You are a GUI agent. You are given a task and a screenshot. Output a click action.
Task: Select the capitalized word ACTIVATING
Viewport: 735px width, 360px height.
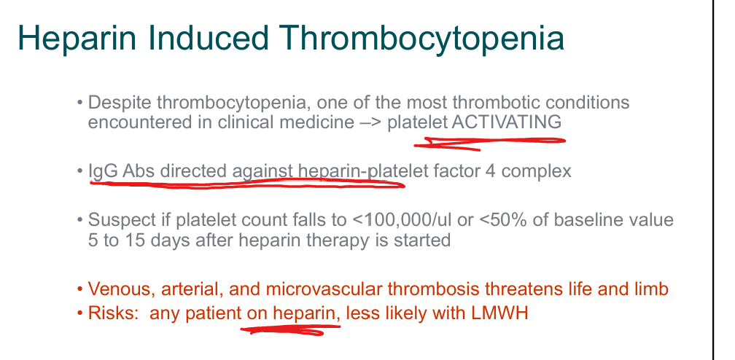tap(507, 122)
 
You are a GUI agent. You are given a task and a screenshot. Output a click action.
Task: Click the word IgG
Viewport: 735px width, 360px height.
tap(103, 171)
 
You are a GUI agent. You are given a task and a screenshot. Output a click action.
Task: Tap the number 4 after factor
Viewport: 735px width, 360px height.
tap(490, 171)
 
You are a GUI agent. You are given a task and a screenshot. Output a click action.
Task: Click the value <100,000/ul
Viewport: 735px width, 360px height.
tap(402, 220)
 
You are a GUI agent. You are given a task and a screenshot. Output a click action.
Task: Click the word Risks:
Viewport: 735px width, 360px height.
tap(113, 313)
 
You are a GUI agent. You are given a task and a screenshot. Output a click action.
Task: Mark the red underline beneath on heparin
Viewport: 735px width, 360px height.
tap(291, 330)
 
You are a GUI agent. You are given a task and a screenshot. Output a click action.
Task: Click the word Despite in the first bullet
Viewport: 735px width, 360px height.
tap(120, 103)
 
